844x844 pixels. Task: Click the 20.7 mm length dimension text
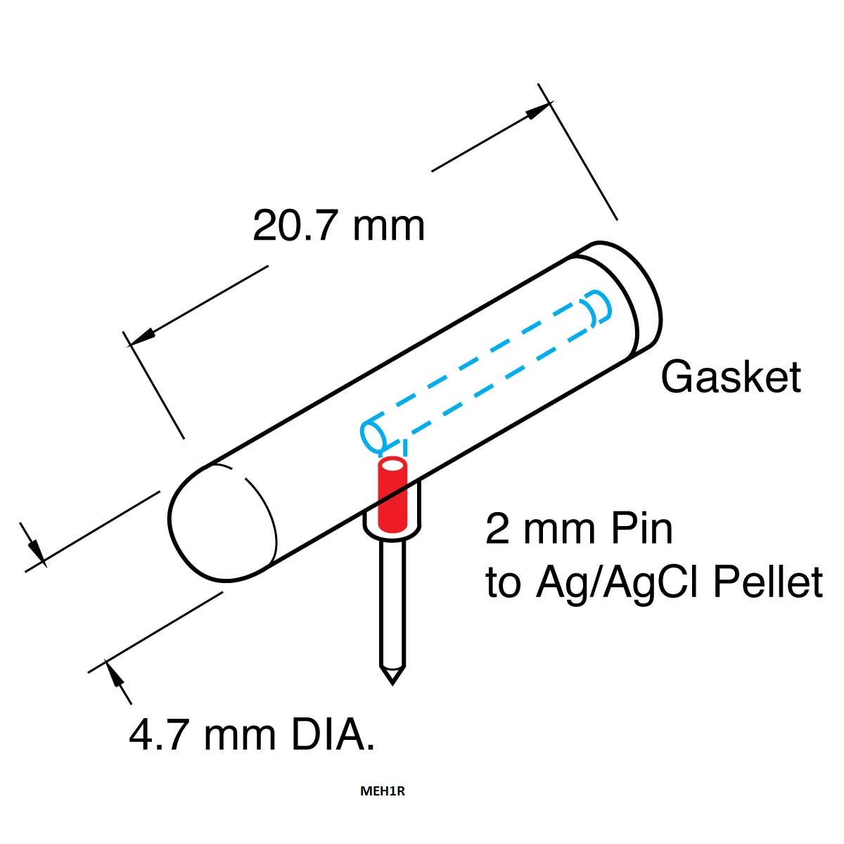pos(338,226)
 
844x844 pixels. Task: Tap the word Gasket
pos(731,376)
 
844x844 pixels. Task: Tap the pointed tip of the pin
pos(392,684)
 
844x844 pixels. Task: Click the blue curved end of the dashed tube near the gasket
pos(600,307)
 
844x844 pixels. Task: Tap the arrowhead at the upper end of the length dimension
pos(537,111)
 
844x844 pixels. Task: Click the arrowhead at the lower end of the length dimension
pos(141,336)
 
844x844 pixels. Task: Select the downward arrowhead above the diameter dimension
pos(37,554)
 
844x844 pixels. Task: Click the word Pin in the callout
pos(641,530)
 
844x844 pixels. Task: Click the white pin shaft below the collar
pos(392,605)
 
